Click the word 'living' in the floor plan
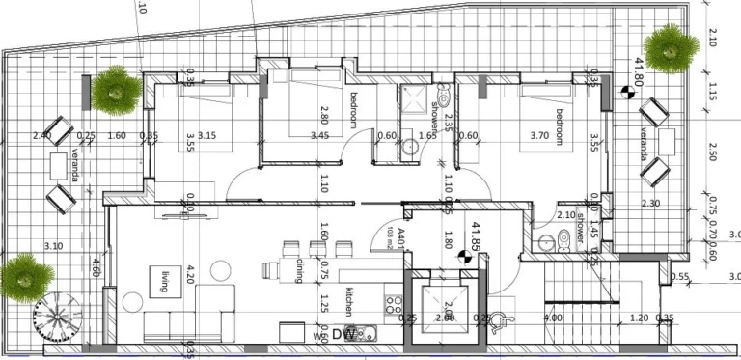click(165, 280)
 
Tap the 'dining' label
click(301, 272)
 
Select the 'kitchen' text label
click(350, 301)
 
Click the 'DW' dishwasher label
click(340, 335)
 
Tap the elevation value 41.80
click(638, 70)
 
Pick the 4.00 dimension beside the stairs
click(553, 318)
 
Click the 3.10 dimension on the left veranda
click(53, 247)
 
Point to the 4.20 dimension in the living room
click(191, 276)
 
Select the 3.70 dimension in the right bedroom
click(538, 137)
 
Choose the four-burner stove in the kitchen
click(394, 303)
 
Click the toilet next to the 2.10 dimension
click(549, 241)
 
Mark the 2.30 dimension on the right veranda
click(650, 204)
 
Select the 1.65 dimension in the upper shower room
click(427, 137)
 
